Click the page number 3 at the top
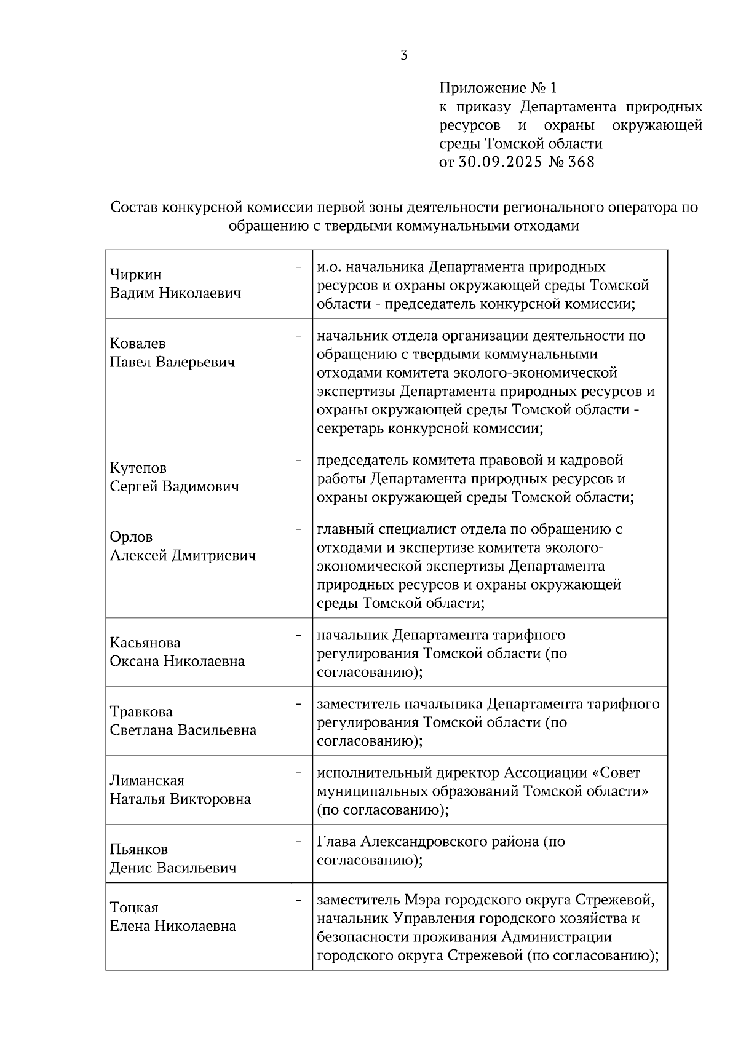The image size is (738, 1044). pos(403,55)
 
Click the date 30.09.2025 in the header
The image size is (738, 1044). pos(499,162)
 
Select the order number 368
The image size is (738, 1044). pos(582,162)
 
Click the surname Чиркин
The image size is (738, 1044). pos(135,274)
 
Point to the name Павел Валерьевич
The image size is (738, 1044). pos(172,362)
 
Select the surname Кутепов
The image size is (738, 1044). pos(138,468)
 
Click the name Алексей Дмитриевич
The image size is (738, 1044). pos(183,556)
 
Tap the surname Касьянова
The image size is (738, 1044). pos(145,643)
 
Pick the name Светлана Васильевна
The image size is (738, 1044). pos(183,730)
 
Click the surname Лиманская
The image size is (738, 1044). pos(147,781)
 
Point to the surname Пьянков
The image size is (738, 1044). pos(138,850)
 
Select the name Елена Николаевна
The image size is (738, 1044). pos(173,926)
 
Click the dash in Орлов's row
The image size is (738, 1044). pos(300,528)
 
